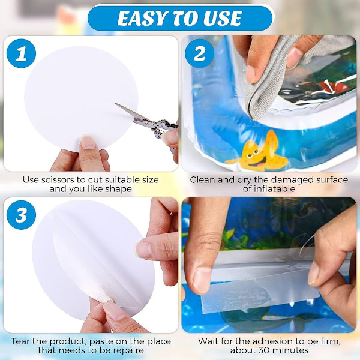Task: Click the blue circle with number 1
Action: click(x=22, y=53)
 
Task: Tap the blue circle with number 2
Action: click(x=200, y=53)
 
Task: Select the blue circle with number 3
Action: click(x=22, y=215)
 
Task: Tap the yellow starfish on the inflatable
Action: click(x=262, y=152)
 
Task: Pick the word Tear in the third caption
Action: click(x=20, y=341)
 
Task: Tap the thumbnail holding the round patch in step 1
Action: click(x=88, y=142)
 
